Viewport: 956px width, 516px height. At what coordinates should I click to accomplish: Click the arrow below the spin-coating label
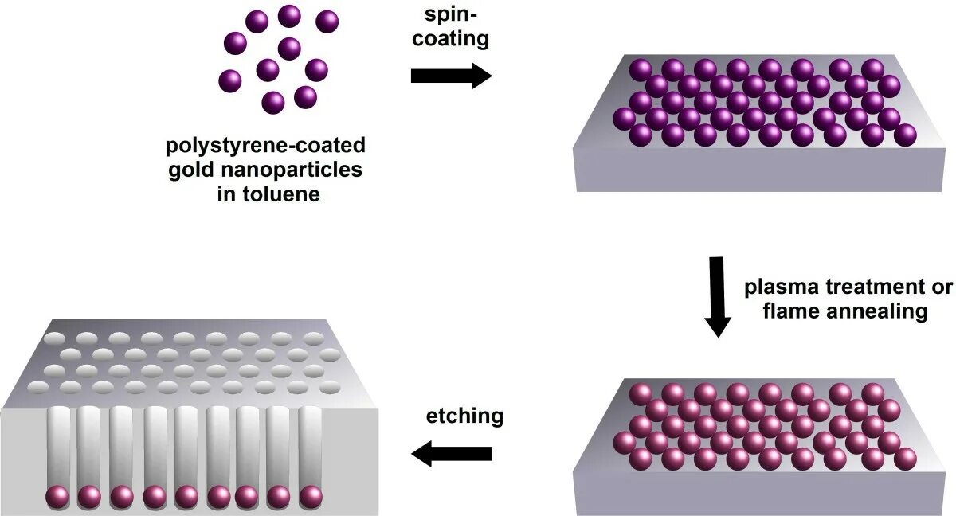click(x=451, y=76)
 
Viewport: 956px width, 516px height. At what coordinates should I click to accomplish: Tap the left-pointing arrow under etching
click(x=451, y=454)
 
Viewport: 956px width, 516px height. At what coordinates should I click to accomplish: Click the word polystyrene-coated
click(x=265, y=146)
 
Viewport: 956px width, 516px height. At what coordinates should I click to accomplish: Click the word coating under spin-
click(x=451, y=39)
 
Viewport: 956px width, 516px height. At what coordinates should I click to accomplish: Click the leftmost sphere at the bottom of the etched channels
click(x=57, y=496)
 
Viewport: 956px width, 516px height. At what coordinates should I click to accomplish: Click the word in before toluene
click(x=226, y=193)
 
